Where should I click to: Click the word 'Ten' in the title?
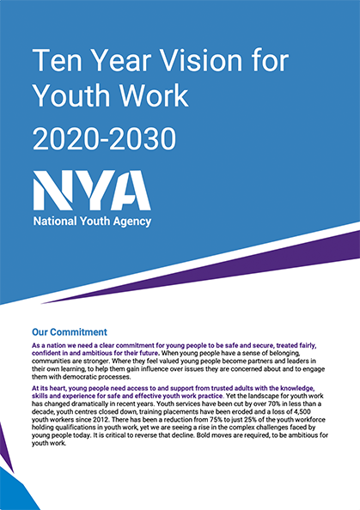pyautogui.click(x=52, y=61)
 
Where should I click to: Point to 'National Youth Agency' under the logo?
pyautogui.click(x=91, y=222)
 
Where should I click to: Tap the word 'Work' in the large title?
pyautogui.click(x=141, y=96)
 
